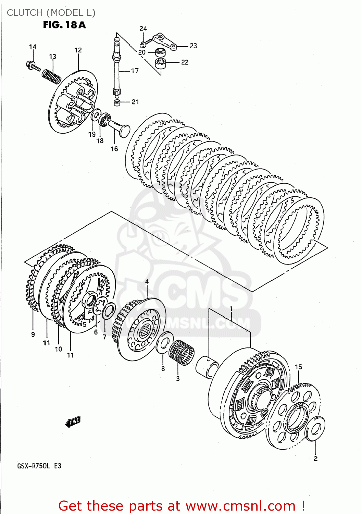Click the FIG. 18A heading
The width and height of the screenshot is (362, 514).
[64, 25]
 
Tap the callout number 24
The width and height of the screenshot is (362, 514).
[143, 29]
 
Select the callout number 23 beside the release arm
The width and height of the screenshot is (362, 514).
[193, 46]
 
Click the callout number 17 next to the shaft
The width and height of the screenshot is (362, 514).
[135, 71]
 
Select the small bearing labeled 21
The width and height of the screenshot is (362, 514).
[117, 102]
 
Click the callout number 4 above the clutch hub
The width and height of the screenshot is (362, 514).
[147, 282]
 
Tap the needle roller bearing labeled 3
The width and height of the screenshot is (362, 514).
[181, 353]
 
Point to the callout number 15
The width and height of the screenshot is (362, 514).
[299, 367]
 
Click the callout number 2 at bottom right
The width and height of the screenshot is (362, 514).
[315, 458]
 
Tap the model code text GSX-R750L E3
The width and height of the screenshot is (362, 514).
[39, 466]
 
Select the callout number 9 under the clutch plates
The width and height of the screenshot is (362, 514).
[33, 334]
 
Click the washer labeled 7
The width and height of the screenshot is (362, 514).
[109, 310]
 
